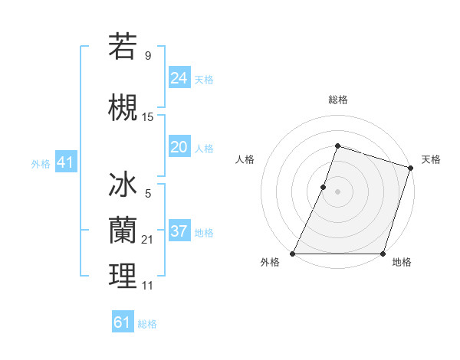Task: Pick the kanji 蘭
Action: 123,230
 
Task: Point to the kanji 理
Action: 123,276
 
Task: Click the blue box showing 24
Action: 179,78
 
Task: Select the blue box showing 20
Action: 179,148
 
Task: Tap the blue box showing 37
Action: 179,232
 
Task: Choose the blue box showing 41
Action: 65,163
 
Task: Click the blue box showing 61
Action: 123,322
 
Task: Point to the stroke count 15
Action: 148,117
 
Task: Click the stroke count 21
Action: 148,241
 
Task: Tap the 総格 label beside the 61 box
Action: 147,324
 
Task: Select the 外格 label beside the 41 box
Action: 41,164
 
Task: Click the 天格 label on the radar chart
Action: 431,159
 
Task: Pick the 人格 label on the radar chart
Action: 245,159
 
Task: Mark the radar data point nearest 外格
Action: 293,254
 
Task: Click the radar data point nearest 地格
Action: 382,254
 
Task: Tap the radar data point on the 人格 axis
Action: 324,187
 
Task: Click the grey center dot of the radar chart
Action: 337,191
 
